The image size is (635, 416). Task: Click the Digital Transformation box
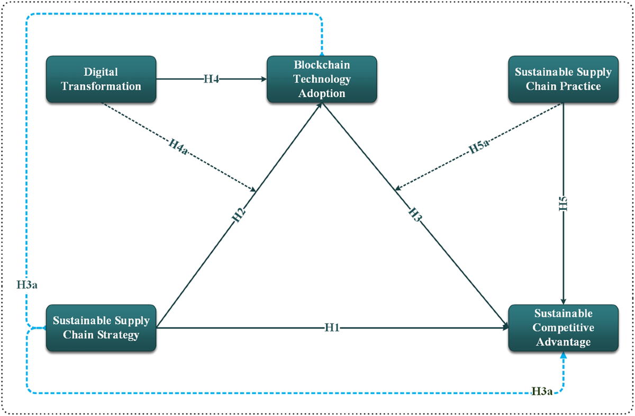(x=102, y=79)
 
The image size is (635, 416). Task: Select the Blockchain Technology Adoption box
(x=322, y=79)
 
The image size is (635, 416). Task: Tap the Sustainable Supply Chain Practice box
(x=563, y=79)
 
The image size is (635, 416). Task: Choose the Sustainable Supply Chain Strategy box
(x=102, y=328)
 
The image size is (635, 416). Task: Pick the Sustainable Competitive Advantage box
(x=563, y=328)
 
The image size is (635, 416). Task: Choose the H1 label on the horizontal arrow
(x=332, y=328)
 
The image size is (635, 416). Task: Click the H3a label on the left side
(x=26, y=285)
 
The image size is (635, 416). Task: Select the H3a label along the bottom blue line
(x=542, y=392)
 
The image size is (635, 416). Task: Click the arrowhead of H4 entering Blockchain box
(x=263, y=79)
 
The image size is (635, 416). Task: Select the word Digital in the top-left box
(x=101, y=72)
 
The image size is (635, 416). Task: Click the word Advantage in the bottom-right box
(x=563, y=342)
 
